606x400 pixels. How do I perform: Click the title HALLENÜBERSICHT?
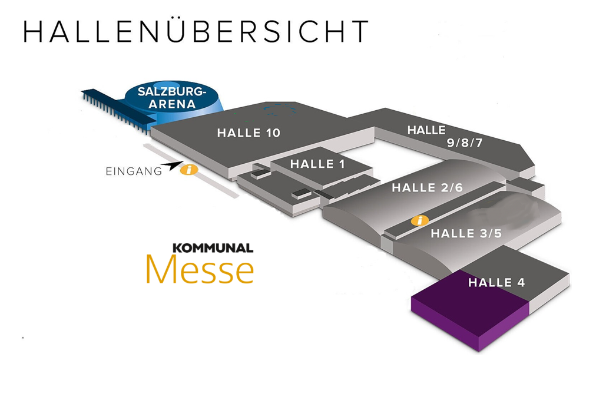coord(196,32)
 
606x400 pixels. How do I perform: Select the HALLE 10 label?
coord(249,133)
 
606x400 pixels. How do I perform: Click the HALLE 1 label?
coord(317,164)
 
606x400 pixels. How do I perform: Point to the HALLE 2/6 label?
coord(427,188)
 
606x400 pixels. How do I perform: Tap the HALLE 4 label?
coord(496,283)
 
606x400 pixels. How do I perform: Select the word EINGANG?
coord(134,172)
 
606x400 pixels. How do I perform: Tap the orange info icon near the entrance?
coord(188,170)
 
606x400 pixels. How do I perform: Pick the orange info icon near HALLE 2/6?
coord(420,221)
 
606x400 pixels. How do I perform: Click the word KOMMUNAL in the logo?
coord(213,248)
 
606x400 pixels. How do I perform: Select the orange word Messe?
coord(200,270)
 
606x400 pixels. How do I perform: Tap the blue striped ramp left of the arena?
coord(112,106)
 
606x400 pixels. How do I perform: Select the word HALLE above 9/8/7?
coord(426,130)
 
